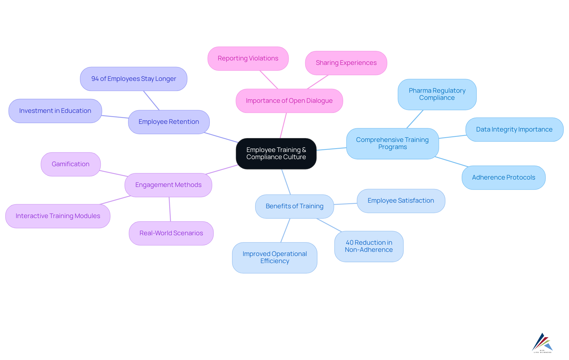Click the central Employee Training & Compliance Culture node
(x=276, y=153)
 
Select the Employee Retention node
(x=169, y=122)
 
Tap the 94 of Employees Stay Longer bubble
(x=133, y=79)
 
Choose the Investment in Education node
(x=55, y=111)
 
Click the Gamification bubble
(x=71, y=164)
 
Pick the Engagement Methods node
(x=168, y=185)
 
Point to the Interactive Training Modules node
(x=58, y=216)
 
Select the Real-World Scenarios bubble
(x=171, y=233)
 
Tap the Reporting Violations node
(x=248, y=58)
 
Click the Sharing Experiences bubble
(x=346, y=63)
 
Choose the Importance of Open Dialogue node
(x=289, y=101)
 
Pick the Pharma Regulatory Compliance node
(x=437, y=94)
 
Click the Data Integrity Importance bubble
(x=514, y=129)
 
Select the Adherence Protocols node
(x=503, y=177)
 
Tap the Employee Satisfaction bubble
(x=401, y=201)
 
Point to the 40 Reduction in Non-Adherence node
(x=369, y=246)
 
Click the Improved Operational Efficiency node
(x=274, y=257)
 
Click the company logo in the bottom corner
(x=542, y=343)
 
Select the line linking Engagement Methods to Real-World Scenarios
(x=170, y=209)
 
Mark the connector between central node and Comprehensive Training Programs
(x=331, y=149)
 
